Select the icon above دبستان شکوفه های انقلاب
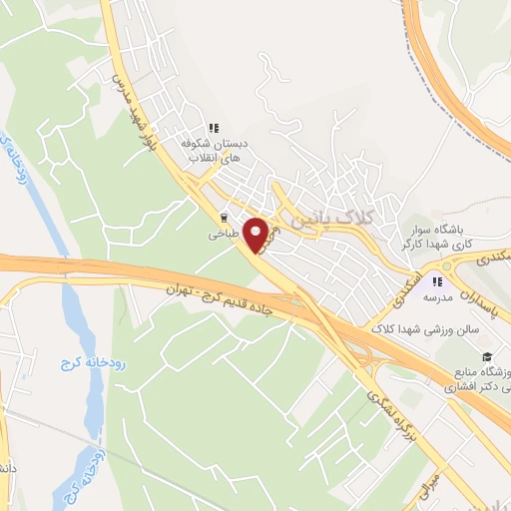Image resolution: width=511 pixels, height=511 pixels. click(x=213, y=127)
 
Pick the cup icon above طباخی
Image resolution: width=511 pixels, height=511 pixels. click(x=224, y=216)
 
